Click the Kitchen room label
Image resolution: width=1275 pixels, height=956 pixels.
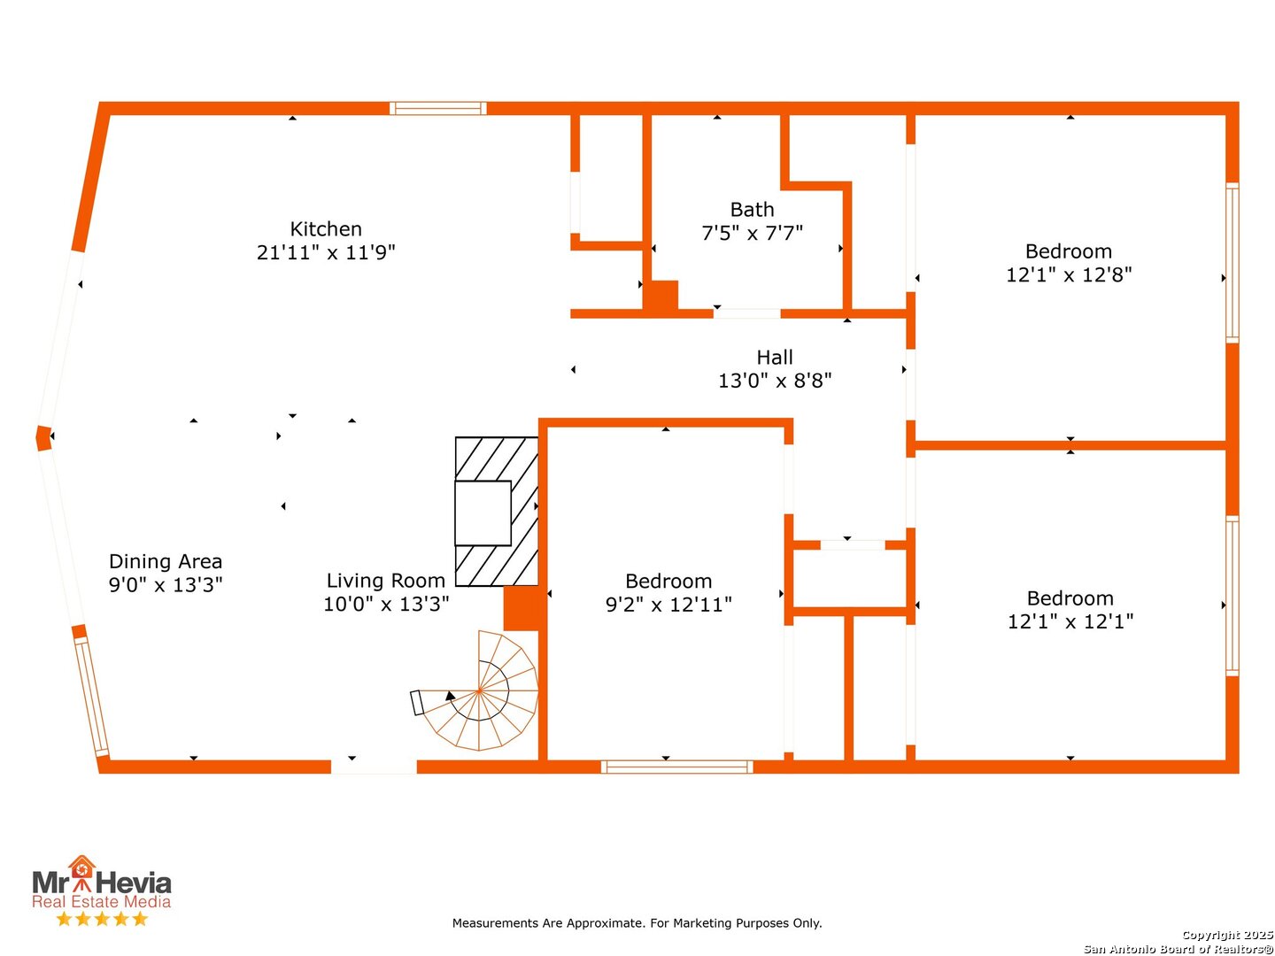click(325, 228)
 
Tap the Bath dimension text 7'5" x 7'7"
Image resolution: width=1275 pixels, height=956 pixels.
click(752, 233)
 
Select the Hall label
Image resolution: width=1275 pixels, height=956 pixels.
click(774, 357)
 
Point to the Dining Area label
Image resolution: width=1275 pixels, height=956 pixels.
click(166, 561)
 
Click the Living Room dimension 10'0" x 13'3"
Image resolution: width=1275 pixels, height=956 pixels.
click(386, 604)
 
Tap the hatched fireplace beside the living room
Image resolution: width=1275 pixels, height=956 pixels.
click(496, 511)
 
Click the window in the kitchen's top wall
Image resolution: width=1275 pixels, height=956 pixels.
click(437, 109)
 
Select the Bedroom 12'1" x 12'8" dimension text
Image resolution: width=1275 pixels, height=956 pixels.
click(1069, 274)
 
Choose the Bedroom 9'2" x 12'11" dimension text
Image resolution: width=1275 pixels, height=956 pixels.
click(668, 605)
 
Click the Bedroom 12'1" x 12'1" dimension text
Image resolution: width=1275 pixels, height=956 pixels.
click(1070, 621)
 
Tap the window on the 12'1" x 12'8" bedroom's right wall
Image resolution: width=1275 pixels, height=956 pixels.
click(1232, 263)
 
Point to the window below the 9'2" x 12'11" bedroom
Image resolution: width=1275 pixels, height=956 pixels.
click(676, 767)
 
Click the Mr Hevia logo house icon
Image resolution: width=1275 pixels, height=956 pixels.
click(82, 867)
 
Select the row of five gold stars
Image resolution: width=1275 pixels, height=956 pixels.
click(102, 919)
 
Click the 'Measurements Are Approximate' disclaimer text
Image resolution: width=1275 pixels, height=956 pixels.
click(637, 923)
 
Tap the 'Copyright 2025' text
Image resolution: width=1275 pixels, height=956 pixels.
click(1227, 935)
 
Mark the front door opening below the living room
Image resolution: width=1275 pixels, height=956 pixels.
click(374, 767)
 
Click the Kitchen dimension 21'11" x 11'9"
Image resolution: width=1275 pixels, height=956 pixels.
click(326, 252)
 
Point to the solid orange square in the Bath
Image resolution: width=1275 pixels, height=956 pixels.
click(663, 296)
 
